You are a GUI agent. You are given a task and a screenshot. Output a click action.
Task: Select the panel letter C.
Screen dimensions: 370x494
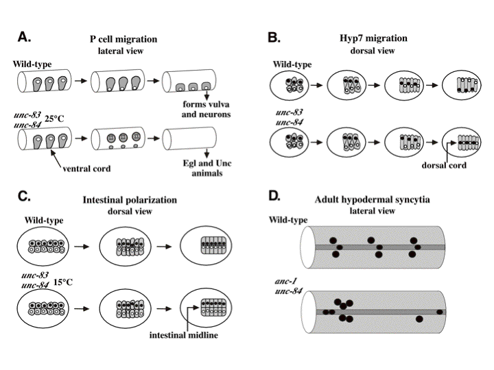point(24,197)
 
